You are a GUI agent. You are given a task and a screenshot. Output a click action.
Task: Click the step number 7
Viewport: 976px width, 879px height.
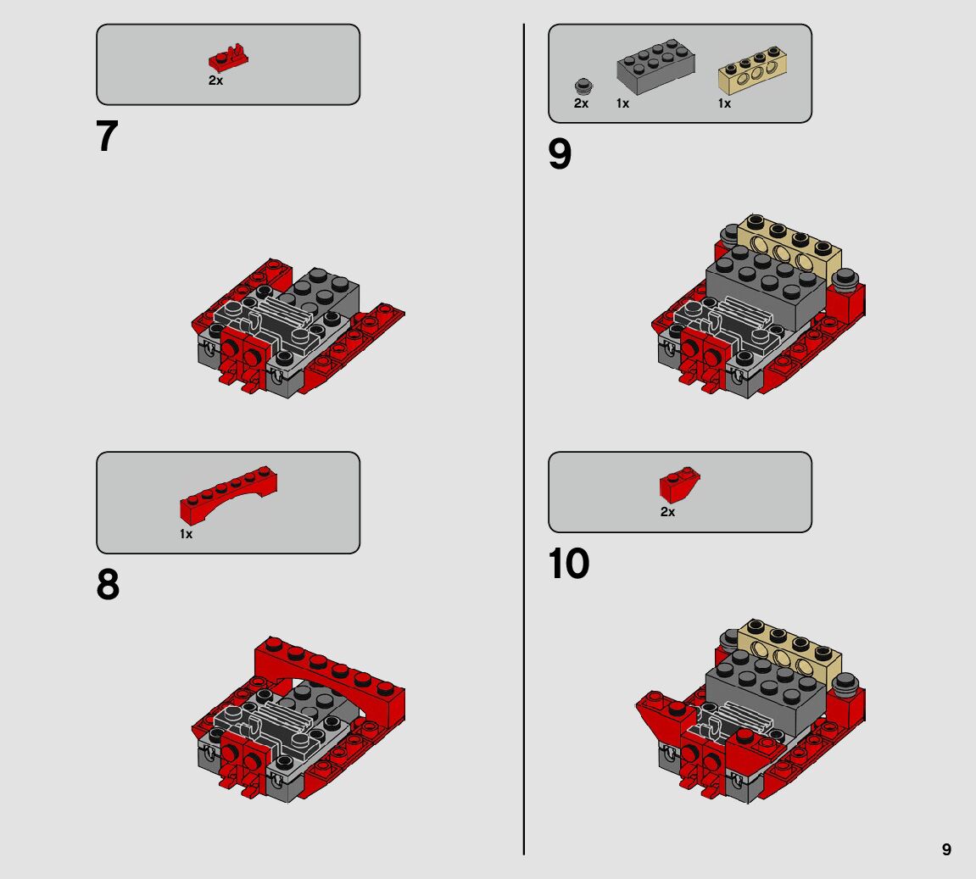pyautogui.click(x=107, y=136)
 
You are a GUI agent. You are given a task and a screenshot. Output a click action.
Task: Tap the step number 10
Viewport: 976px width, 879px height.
pyautogui.click(x=568, y=564)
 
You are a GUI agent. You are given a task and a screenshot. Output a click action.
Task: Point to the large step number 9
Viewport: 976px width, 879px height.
pyautogui.click(x=560, y=153)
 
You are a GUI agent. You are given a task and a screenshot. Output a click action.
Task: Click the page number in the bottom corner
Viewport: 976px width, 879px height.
pyautogui.click(x=946, y=849)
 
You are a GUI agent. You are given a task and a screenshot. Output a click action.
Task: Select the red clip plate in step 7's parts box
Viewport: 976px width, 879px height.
pyautogui.click(x=228, y=57)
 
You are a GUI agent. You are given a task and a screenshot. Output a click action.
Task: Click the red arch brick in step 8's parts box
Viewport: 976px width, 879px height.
pyautogui.click(x=228, y=494)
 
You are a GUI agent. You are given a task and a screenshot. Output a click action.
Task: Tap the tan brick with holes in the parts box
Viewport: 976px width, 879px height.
pyautogui.click(x=752, y=70)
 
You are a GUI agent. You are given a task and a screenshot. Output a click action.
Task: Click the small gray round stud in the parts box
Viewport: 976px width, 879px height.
pyautogui.click(x=583, y=86)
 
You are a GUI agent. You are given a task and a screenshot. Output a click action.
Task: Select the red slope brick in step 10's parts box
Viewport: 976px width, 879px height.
pyautogui.click(x=680, y=484)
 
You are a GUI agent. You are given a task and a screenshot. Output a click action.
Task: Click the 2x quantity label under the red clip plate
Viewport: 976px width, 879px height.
pyautogui.click(x=215, y=81)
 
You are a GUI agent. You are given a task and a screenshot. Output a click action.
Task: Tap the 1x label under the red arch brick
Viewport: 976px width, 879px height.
pyautogui.click(x=186, y=534)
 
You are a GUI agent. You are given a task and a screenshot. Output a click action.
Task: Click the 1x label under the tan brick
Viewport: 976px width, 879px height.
pyautogui.click(x=724, y=103)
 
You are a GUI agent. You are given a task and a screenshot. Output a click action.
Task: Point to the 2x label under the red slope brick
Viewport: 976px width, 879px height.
pyautogui.click(x=667, y=512)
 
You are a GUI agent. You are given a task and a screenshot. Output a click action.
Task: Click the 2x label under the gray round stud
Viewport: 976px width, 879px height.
pyautogui.click(x=581, y=103)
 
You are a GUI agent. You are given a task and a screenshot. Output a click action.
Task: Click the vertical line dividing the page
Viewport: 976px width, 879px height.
pyautogui.click(x=524, y=439)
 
